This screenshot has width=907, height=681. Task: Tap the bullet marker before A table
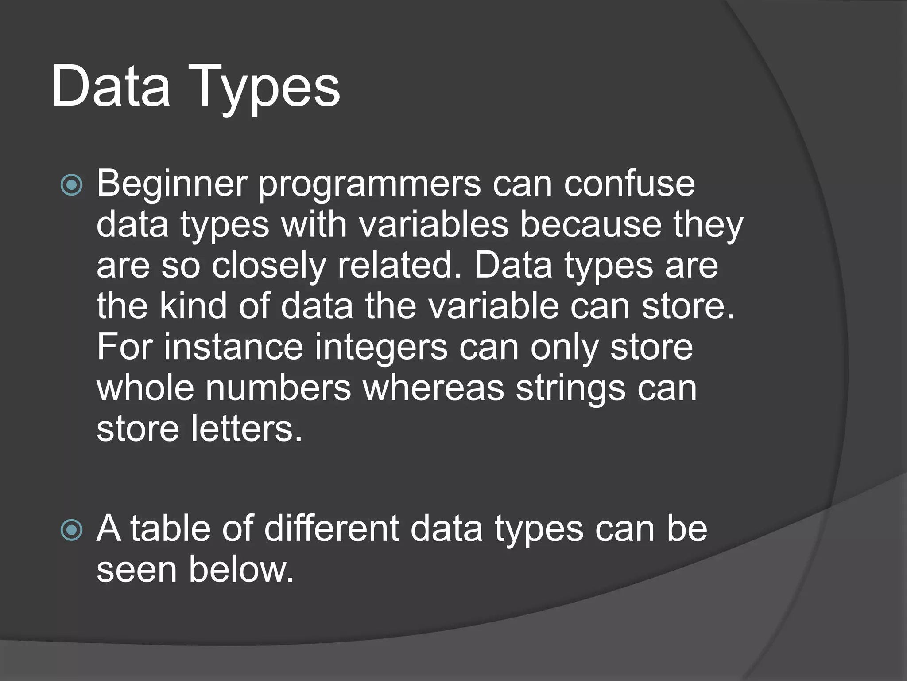[x=71, y=530]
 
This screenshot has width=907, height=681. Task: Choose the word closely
[x=268, y=266]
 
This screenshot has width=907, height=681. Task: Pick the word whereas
[x=434, y=388]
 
